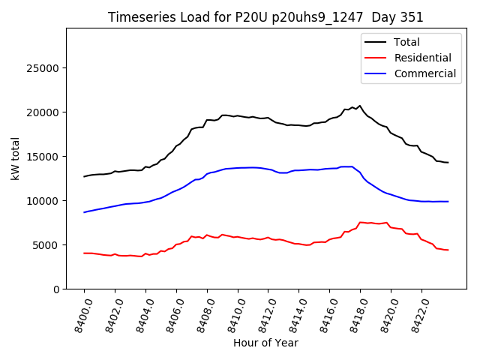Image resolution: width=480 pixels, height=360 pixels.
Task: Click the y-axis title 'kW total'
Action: (15, 158)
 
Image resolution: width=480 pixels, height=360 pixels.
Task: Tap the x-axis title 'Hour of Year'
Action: (265, 343)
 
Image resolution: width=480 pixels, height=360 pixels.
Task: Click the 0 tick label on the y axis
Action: (57, 289)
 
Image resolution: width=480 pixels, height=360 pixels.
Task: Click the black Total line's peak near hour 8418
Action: (360, 106)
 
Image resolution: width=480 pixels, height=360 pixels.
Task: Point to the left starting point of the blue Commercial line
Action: (85, 212)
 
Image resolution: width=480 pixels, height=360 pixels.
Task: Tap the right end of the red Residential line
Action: (448, 250)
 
